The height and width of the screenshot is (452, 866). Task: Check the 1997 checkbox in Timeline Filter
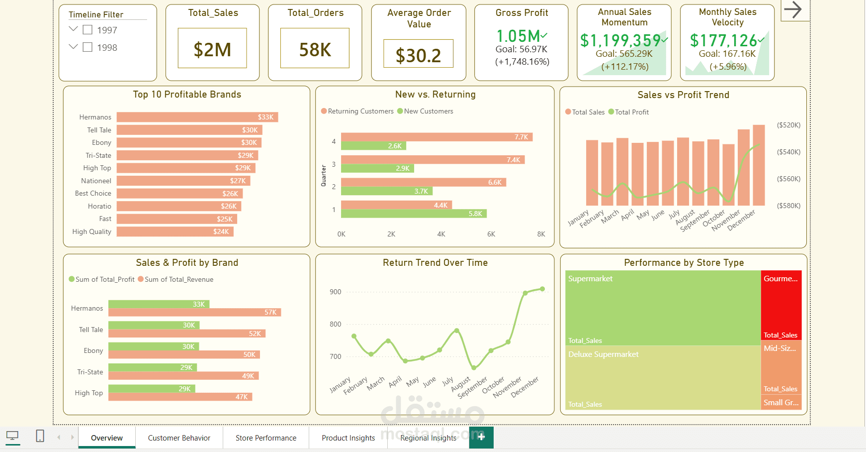[87, 30]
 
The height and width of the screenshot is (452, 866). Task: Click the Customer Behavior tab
[179, 438]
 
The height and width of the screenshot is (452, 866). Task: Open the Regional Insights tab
[428, 438]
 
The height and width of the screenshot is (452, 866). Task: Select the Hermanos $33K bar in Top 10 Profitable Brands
[197, 117]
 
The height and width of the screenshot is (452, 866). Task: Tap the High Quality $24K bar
[174, 231]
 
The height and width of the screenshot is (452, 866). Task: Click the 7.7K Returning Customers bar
[436, 137]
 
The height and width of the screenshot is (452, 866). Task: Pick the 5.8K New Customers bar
[413, 214]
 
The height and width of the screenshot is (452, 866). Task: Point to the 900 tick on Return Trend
[336, 292]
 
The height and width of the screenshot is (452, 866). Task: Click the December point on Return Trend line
[542, 289]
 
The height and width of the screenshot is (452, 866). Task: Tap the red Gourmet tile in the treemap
[781, 305]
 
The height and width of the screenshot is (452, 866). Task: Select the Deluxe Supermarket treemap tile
[663, 377]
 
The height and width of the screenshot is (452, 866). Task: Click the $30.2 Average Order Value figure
[418, 55]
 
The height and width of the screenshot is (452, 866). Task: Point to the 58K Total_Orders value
[315, 50]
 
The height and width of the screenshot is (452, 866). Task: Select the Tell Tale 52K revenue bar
[186, 334]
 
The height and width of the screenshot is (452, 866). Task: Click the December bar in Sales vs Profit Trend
[759, 165]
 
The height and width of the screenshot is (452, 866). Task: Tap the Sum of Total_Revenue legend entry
[178, 280]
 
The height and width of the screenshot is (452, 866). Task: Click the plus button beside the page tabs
[481, 437]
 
